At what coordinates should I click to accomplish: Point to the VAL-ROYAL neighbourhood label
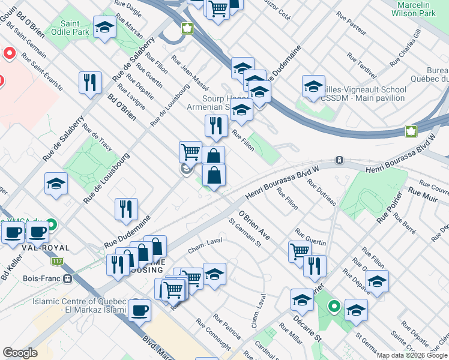(x=28, y=247)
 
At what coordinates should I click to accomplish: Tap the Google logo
(x=20, y=353)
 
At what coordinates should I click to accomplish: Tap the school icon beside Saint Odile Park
(x=104, y=28)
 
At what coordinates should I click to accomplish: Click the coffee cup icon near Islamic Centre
(x=140, y=311)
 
